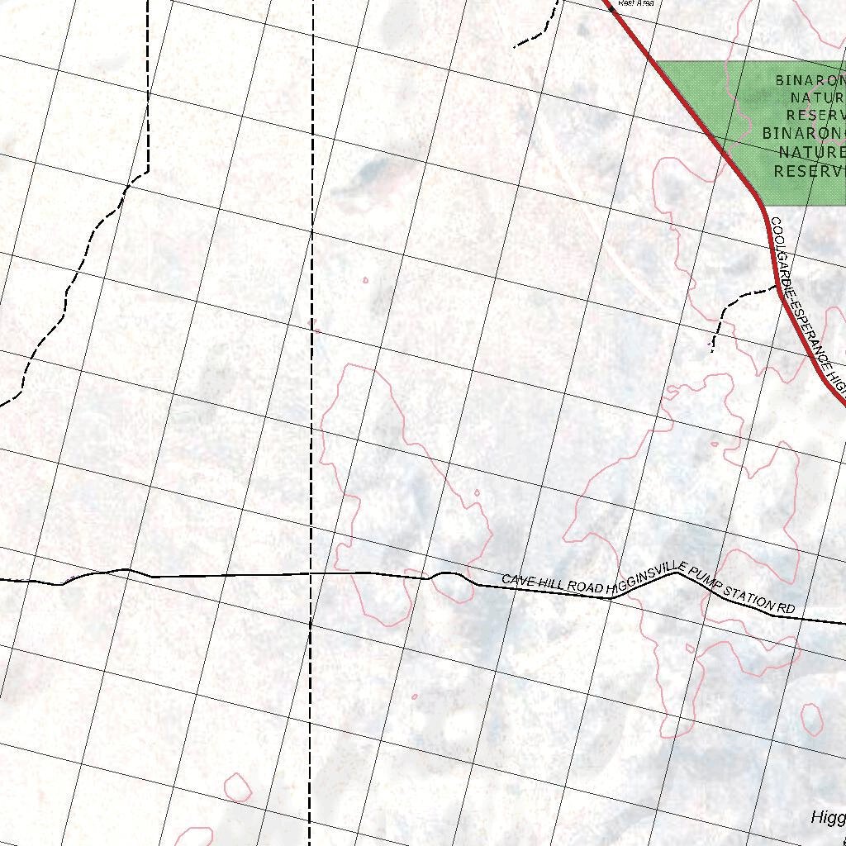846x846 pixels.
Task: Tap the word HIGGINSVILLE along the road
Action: pyautogui.click(x=641, y=580)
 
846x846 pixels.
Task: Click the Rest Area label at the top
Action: pyautogui.click(x=635, y=3)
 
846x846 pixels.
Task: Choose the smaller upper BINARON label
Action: pyautogui.click(x=810, y=80)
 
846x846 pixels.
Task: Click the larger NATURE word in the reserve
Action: pyautogui.click(x=811, y=152)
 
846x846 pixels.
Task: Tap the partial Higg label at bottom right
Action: pyautogui.click(x=828, y=818)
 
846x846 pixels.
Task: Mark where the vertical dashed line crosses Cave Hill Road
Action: pyautogui.click(x=311, y=573)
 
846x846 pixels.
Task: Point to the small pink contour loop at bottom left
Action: pyautogui.click(x=238, y=787)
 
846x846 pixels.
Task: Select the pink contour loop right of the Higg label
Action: pyautogui.click(x=810, y=720)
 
